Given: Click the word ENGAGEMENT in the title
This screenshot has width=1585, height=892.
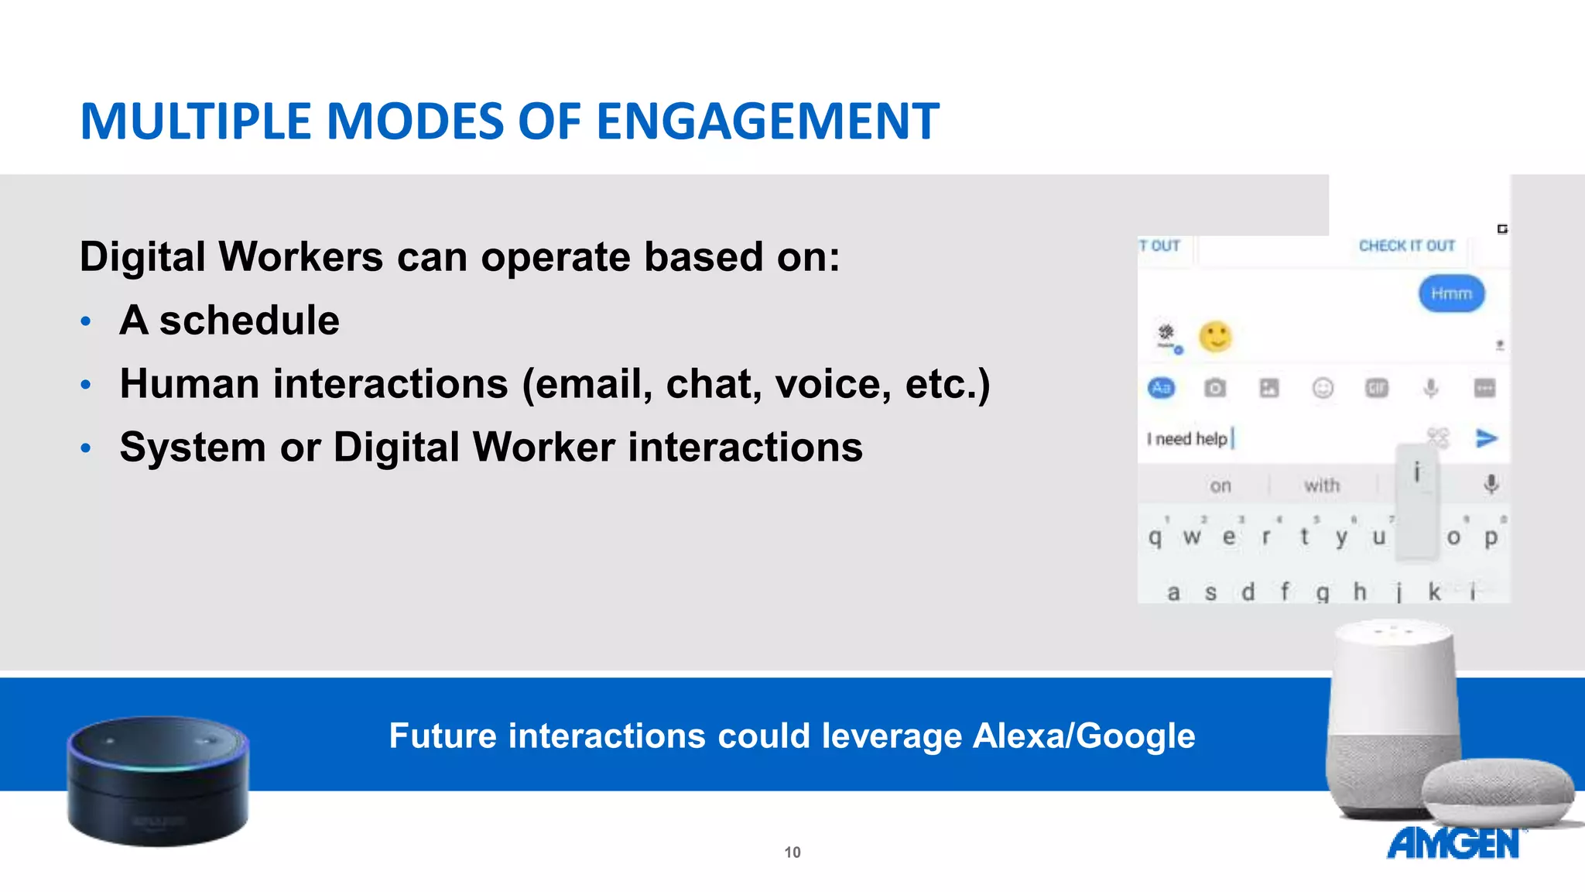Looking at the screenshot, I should pos(767,122).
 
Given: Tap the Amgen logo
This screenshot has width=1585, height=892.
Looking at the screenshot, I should pos(1453,843).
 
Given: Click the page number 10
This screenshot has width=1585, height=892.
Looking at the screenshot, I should pos(792,853).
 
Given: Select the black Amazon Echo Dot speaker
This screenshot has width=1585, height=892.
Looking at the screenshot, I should pos(159,780).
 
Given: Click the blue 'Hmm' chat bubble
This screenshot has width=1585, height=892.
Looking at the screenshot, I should pos(1451,294).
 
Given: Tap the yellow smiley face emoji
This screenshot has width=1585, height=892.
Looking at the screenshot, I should pos(1215,337).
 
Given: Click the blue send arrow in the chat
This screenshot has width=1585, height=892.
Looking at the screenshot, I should pos(1486,438).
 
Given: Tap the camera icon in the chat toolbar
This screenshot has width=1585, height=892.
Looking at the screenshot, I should pos(1215,388).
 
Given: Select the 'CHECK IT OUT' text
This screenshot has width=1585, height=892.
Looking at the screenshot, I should pos(1406,246).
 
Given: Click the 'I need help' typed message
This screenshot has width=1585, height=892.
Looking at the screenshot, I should pos(1187,439).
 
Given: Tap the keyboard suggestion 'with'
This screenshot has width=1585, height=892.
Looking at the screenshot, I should pos(1321,485).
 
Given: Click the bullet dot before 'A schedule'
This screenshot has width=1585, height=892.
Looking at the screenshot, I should pos(86,321).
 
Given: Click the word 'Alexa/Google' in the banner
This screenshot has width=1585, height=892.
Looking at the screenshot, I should pos(1083,736).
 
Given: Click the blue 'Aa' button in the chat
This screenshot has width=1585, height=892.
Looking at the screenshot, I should pos(1161,388).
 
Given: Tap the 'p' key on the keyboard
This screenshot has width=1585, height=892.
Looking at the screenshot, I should pos(1491,537).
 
